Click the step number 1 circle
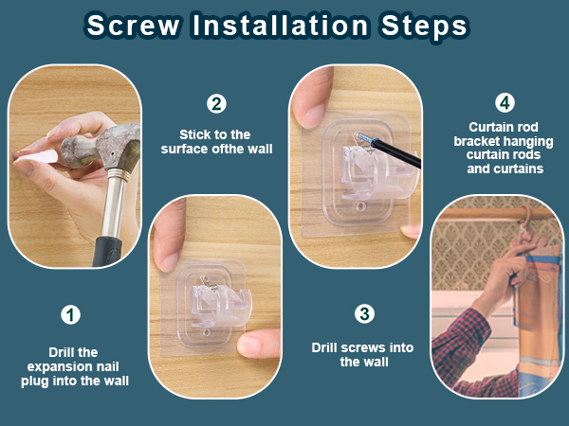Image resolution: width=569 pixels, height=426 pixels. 70,314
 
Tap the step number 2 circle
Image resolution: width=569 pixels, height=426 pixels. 216,104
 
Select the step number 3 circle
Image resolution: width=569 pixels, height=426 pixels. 364,313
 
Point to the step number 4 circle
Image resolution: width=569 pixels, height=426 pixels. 505,102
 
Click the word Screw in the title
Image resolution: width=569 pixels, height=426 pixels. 133,26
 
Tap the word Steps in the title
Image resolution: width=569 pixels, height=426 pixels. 424,27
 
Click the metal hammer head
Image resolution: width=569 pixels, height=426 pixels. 101,146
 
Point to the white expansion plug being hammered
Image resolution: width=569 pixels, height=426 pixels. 36,157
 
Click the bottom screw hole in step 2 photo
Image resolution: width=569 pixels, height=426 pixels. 207,332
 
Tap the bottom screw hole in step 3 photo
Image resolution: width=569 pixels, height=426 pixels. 360,206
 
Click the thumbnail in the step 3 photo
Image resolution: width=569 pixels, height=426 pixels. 314,115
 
